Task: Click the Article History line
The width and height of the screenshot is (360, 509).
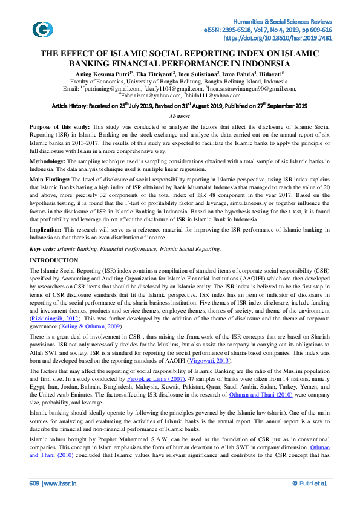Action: click(x=180, y=105)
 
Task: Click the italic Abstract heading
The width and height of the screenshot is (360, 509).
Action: click(x=180, y=116)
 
